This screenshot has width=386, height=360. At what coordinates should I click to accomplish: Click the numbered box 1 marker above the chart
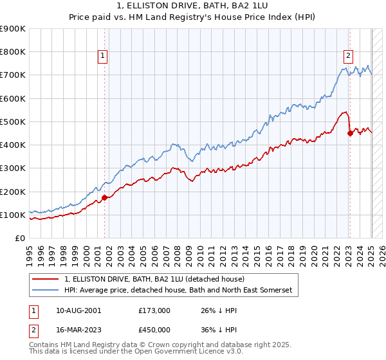pyautogui.click(x=102, y=56)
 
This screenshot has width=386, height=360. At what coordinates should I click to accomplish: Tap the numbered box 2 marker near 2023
pyautogui.click(x=348, y=56)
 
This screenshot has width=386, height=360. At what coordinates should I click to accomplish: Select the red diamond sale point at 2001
pyautogui.click(x=104, y=197)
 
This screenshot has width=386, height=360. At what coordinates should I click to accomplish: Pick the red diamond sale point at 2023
pyautogui.click(x=350, y=134)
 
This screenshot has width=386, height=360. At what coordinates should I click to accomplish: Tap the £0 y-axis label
pyautogui.click(x=19, y=239)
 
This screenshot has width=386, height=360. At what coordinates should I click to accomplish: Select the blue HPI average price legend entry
pyautogui.click(x=178, y=291)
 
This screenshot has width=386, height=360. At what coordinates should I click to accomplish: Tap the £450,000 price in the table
pyautogui.click(x=154, y=330)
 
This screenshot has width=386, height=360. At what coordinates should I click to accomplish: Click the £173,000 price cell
pyautogui.click(x=154, y=310)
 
